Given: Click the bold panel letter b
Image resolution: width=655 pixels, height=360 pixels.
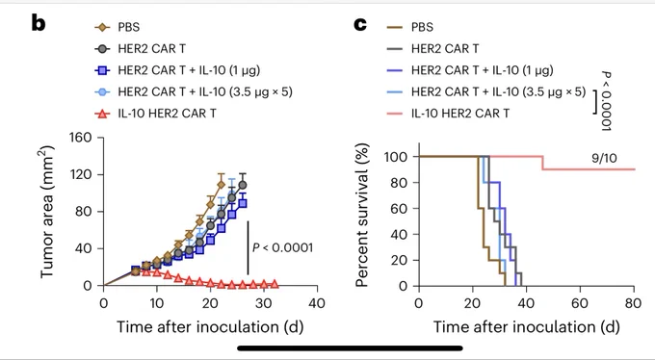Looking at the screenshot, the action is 38,24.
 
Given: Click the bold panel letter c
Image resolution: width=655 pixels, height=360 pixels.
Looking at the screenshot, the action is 360,25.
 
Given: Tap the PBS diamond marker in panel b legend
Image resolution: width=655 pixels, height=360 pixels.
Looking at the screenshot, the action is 102,28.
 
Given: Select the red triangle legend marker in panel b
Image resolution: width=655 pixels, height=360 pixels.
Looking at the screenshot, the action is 102,114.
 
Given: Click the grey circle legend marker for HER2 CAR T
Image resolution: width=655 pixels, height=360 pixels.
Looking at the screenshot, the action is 102,49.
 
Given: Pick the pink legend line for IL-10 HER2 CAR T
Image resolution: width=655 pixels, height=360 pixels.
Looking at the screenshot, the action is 394,114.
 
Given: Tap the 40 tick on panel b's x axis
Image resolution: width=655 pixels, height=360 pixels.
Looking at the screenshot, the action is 317,303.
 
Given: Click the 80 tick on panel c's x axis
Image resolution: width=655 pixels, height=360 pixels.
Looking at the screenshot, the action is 634,303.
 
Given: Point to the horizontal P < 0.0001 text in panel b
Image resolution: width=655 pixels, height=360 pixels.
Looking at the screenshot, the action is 282,247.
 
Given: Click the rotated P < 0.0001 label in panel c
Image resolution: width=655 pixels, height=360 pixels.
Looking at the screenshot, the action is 606,101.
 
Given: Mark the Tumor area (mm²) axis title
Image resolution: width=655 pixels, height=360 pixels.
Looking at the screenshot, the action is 47,212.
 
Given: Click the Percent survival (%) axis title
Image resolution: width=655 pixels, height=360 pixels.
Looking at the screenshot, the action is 362,216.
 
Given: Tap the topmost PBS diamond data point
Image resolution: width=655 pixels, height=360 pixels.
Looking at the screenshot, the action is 221,184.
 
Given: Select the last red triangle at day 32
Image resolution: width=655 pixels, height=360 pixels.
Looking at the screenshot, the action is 275,284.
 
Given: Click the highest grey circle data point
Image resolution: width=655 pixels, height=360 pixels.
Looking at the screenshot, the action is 243,185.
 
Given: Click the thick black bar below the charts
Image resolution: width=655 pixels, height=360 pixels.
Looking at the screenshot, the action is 350,347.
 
